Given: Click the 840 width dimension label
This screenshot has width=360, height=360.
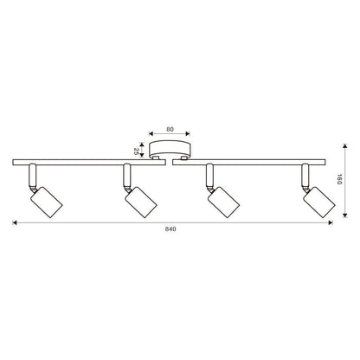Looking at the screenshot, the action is (x=170, y=229).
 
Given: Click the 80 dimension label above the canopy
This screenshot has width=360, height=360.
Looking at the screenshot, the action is (x=170, y=129).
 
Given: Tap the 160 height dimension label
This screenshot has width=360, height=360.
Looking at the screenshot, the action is (x=339, y=179).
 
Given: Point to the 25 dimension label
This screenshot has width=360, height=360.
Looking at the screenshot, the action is (x=136, y=151).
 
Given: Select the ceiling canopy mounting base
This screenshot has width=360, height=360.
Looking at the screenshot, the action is (x=170, y=149).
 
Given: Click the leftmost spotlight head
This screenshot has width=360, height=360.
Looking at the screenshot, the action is (x=47, y=202).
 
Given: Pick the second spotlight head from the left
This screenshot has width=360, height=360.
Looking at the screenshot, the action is (x=141, y=202).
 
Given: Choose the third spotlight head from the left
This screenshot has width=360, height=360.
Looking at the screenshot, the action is (x=224, y=202).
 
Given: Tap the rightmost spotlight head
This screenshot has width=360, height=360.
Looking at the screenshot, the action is (x=319, y=202).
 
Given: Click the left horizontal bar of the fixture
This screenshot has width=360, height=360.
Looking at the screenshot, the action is (x=89, y=162).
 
